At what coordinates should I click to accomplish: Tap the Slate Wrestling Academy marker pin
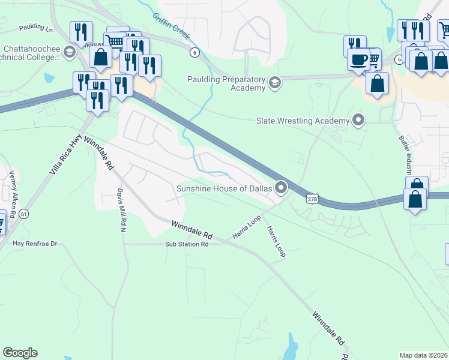[x=359, y=121]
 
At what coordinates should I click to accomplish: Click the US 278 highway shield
[x=312, y=199]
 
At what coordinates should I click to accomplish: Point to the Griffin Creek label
[x=170, y=26]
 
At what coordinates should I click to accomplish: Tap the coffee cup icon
[x=359, y=60]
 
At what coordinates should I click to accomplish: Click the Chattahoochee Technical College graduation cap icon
[x=70, y=52]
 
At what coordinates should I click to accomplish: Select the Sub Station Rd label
[x=187, y=244]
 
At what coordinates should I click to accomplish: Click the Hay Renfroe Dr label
[x=35, y=244]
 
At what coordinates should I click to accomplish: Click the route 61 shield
[x=23, y=214]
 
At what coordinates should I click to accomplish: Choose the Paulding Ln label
[x=36, y=28]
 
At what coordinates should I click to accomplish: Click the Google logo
[x=20, y=353]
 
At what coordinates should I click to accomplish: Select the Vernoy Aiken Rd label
[x=13, y=185]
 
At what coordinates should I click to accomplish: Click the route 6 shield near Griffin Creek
[x=194, y=52]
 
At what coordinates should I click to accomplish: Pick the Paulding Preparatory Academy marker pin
[x=275, y=82]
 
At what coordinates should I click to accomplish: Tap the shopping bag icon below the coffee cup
[x=377, y=84]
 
